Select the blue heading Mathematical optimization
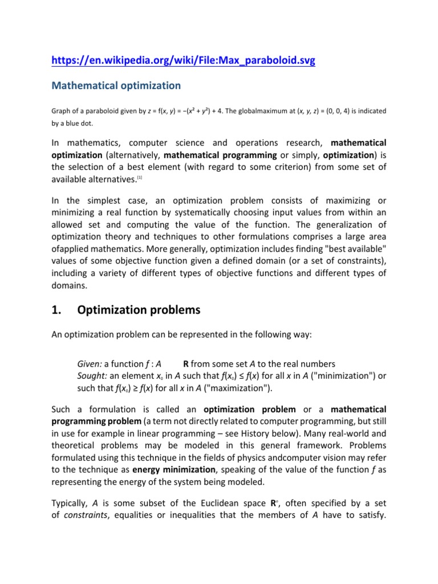[116, 86]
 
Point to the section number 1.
[56, 310]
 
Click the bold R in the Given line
[186, 364]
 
